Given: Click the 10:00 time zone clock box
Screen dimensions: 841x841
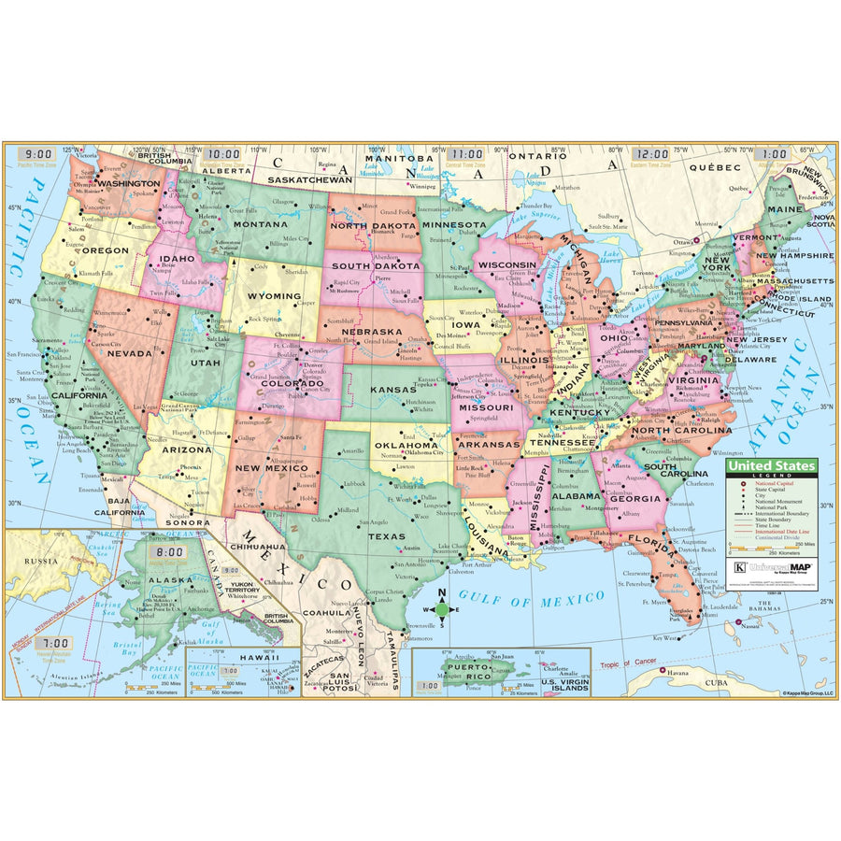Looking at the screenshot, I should pyautogui.click(x=223, y=155).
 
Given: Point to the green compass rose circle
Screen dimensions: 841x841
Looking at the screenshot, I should pyautogui.click(x=443, y=611).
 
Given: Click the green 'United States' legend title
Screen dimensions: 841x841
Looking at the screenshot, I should pyautogui.click(x=770, y=465).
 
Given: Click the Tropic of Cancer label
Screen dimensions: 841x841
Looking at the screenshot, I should pyautogui.click(x=624, y=665).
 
